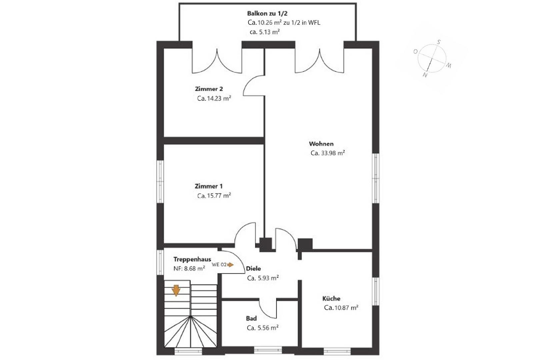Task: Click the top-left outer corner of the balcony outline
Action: coord(179,3)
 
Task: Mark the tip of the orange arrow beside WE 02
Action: coord(234,265)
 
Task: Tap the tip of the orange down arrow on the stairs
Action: coord(176,296)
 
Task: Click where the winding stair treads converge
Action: coord(191,316)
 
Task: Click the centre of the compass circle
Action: coord(432,58)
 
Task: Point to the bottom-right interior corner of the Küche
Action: coord(372,347)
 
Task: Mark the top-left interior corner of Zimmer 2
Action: coord(164,48)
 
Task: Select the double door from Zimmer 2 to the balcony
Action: coord(217,60)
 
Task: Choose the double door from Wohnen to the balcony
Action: coord(319,60)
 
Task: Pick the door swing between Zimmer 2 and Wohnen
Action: coord(254,86)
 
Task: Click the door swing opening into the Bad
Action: coord(268,308)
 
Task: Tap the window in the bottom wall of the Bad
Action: coord(268,350)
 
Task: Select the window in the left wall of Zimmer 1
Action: coord(160,182)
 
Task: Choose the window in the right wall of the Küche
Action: coord(376,292)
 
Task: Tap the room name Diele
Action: coord(253,269)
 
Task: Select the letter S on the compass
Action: coord(439,42)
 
